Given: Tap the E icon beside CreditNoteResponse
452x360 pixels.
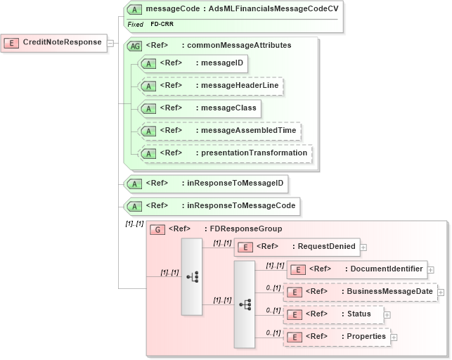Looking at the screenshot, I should point(12,43).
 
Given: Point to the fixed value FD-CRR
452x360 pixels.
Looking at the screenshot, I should point(162,24).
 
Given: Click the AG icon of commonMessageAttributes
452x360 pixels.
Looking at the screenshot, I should point(133,45).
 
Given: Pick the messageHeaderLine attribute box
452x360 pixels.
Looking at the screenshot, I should point(210,86).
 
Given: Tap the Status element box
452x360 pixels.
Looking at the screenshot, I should point(333,314).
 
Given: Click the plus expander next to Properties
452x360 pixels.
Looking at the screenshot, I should point(394,337).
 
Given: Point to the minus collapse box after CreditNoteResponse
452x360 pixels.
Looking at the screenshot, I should point(110,44).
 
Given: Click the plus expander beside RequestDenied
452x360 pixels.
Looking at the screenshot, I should point(363,247).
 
